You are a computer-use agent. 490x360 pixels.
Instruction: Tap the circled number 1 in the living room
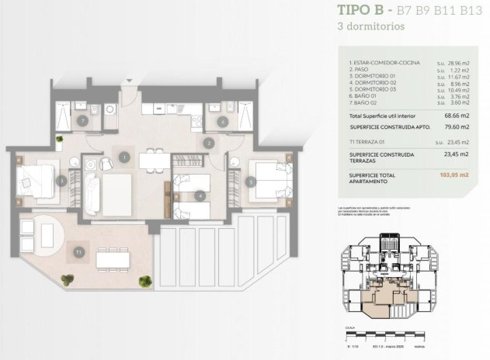click(x=124, y=157)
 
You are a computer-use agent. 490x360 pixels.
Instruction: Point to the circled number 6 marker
click(x=224, y=121)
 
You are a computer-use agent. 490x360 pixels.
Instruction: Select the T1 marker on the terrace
click(x=78, y=252)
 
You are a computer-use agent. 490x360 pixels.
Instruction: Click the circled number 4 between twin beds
click(x=201, y=196)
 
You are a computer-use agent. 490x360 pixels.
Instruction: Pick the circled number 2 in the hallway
click(x=209, y=143)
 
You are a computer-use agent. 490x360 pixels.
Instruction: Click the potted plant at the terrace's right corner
click(x=144, y=279)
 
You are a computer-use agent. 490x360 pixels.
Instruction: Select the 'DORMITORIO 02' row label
click(x=374, y=82)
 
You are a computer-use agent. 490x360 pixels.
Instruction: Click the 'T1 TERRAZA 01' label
click(x=367, y=142)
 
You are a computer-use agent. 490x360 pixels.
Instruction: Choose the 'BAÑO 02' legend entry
click(x=365, y=102)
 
